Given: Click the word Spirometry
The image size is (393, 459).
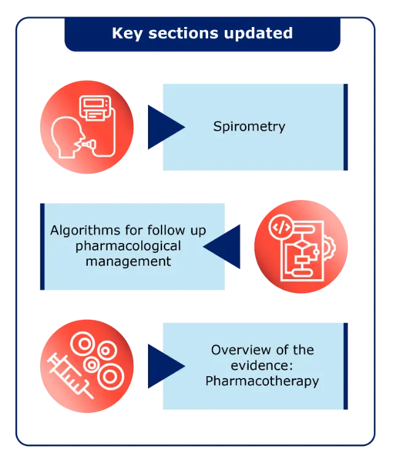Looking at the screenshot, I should click(249, 127).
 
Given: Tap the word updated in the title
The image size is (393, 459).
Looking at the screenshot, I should click(260, 33).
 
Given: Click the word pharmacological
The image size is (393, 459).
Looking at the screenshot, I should click(128, 246).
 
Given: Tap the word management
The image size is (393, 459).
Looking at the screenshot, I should click(128, 261).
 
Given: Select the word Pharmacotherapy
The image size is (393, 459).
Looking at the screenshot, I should click(262, 381).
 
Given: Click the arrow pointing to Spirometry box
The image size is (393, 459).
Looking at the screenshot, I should click(163, 127).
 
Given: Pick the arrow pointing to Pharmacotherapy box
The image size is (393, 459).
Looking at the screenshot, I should click(163, 366).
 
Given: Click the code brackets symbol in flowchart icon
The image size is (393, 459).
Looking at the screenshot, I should click(282, 228).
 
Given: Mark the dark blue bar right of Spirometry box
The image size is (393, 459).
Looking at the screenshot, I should click(346, 127).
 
